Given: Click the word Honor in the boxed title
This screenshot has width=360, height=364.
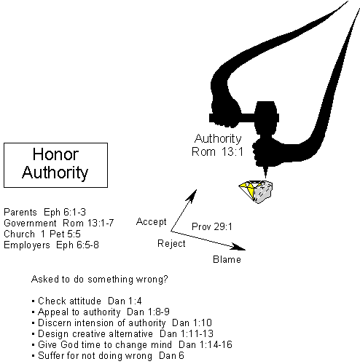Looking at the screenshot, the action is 55,154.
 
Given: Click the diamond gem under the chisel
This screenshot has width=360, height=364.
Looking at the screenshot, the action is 256,191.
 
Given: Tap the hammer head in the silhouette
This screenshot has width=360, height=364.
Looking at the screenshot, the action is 267,118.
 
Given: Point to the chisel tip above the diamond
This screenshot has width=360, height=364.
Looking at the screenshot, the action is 265,178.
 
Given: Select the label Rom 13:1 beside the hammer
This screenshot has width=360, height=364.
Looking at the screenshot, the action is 217,152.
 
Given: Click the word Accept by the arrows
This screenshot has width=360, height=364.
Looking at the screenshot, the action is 152,221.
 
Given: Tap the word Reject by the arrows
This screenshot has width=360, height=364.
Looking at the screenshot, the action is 171,243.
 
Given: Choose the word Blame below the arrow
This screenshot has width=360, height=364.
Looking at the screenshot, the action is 227,259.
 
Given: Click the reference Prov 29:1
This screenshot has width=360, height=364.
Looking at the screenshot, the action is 212,226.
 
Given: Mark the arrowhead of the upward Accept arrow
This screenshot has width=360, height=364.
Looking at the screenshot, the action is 192,195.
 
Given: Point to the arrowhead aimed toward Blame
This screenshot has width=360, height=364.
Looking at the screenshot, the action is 238,247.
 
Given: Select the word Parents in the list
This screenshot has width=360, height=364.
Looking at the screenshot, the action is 20,212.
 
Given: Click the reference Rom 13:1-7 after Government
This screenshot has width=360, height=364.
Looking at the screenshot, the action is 88,223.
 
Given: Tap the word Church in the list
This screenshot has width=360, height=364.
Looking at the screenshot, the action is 20,234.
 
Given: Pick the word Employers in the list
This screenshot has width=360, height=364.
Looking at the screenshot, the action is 27,245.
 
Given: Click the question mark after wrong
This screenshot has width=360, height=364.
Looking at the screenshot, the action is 165,279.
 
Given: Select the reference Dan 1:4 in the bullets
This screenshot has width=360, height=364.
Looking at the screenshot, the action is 125,301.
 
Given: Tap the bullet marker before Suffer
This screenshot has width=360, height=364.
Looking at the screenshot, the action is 34,356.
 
